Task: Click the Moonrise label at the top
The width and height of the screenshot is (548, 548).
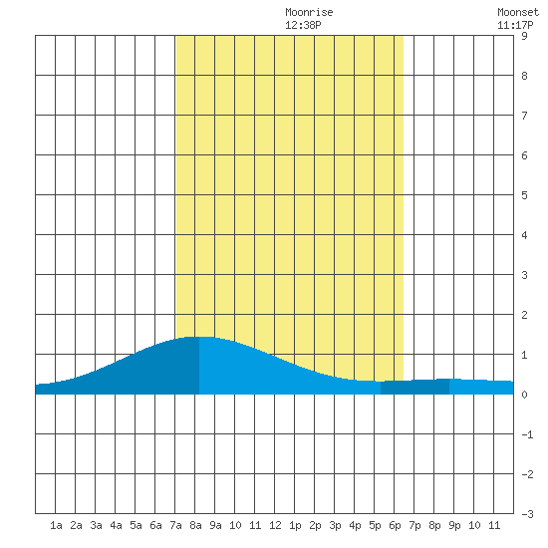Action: [309, 12]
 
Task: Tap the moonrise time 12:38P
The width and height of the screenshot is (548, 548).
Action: [303, 25]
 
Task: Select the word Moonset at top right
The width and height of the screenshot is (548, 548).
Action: [518, 12]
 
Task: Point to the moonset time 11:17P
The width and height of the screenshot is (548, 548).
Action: [515, 25]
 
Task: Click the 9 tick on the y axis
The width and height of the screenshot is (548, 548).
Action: [524, 36]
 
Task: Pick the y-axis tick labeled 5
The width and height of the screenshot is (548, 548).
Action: [524, 195]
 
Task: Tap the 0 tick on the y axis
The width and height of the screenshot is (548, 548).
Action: [524, 395]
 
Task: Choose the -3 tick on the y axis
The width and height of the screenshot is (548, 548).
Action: [527, 514]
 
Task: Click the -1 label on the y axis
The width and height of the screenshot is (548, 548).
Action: [527, 434]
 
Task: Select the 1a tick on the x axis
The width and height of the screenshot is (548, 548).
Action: [56, 525]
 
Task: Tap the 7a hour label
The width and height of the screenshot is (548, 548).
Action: [175, 525]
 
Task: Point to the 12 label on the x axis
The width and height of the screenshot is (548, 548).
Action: [275, 525]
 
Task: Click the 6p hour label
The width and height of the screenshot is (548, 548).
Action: [395, 525]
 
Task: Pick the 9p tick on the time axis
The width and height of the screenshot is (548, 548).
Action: [454, 525]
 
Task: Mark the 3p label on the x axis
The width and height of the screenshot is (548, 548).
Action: [335, 525]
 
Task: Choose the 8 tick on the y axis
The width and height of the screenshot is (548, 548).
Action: [524, 76]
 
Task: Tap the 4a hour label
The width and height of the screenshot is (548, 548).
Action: [116, 525]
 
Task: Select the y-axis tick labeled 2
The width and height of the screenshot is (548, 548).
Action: [524, 315]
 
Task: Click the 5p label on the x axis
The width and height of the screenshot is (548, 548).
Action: [375, 525]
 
